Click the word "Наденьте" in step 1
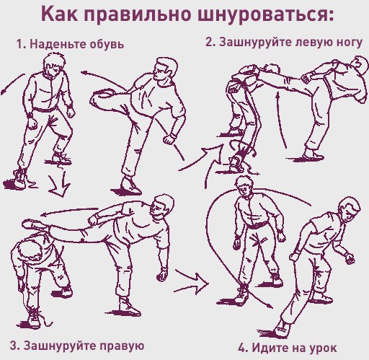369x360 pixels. click(58, 44)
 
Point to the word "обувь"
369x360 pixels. click(107, 44)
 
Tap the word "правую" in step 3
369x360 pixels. click(122, 346)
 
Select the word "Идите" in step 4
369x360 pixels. click(267, 347)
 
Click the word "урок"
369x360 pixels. click(323, 348)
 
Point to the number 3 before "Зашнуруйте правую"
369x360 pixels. click(13, 346)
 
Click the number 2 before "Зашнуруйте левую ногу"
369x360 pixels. click(210, 42)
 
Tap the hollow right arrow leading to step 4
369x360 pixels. click(192, 282)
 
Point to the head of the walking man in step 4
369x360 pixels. click(349, 208)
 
